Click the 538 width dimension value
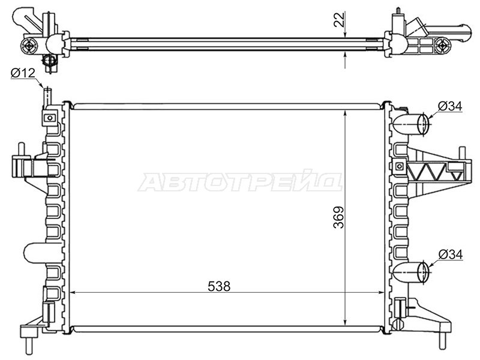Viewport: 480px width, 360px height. click(x=219, y=286)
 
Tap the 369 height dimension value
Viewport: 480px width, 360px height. click(x=339, y=217)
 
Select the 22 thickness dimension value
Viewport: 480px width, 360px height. click(x=340, y=20)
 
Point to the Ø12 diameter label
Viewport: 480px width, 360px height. click(x=23, y=73)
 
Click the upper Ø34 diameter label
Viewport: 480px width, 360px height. click(x=449, y=106)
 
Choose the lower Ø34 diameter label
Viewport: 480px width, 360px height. click(x=451, y=254)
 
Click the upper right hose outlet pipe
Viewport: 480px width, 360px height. click(x=411, y=124)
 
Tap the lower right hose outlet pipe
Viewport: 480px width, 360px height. click(x=411, y=272)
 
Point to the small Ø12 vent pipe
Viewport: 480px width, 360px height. click(x=47, y=97)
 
